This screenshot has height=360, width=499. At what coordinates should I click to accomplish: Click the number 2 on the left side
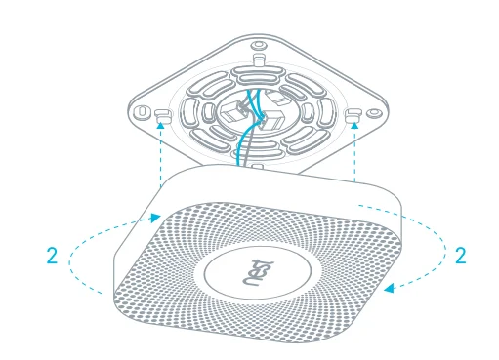pyautogui.click(x=52, y=258)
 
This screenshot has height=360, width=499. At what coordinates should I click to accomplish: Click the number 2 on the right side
pyautogui.click(x=461, y=258)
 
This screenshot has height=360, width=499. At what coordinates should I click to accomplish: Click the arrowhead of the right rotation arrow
pyautogui.click(x=389, y=287)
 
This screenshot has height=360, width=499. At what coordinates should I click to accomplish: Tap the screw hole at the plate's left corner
pyautogui.click(x=144, y=109)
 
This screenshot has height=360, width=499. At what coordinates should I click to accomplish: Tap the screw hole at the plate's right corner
pyautogui.click(x=374, y=111)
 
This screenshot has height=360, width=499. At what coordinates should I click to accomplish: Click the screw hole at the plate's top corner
pyautogui.click(x=258, y=44)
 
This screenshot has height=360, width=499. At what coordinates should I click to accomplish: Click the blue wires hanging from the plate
pyautogui.click(x=239, y=146)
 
